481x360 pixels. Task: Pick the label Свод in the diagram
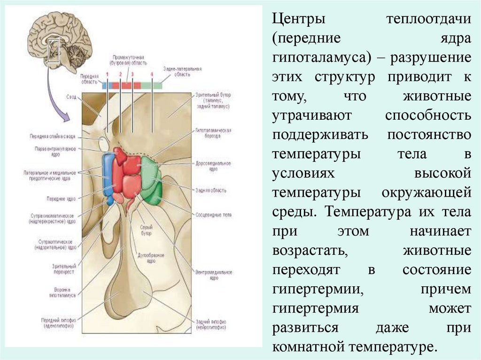pyautogui.click(x=72, y=97)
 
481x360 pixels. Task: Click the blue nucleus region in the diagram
pyautogui.click(x=109, y=176)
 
